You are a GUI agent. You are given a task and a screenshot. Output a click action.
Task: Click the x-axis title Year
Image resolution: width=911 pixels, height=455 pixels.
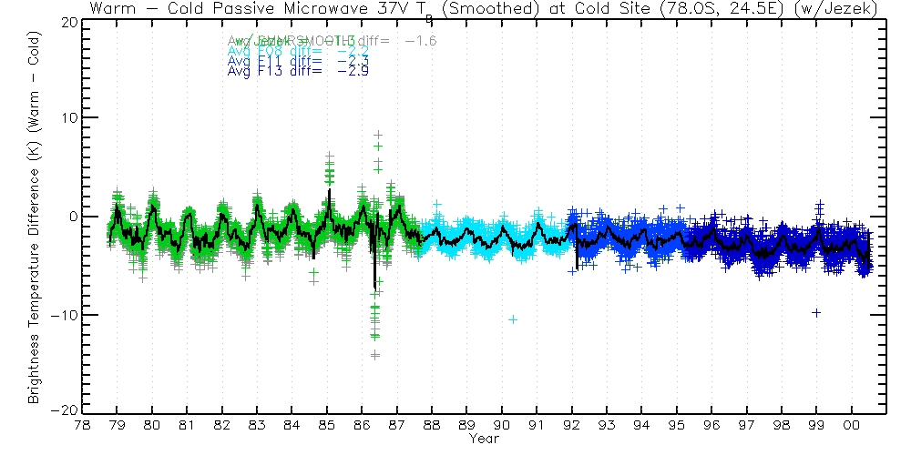tap(483, 439)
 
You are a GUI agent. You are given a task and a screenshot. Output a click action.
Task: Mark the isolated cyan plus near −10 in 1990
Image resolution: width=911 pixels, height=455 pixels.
tap(513, 318)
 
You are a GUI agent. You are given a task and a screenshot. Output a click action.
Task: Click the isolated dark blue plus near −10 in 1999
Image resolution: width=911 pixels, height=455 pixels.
tap(816, 312)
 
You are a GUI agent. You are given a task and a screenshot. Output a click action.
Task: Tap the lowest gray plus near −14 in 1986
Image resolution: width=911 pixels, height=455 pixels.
tap(374, 355)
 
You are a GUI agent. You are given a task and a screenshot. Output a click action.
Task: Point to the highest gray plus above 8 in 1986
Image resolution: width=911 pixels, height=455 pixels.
tap(377, 135)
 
